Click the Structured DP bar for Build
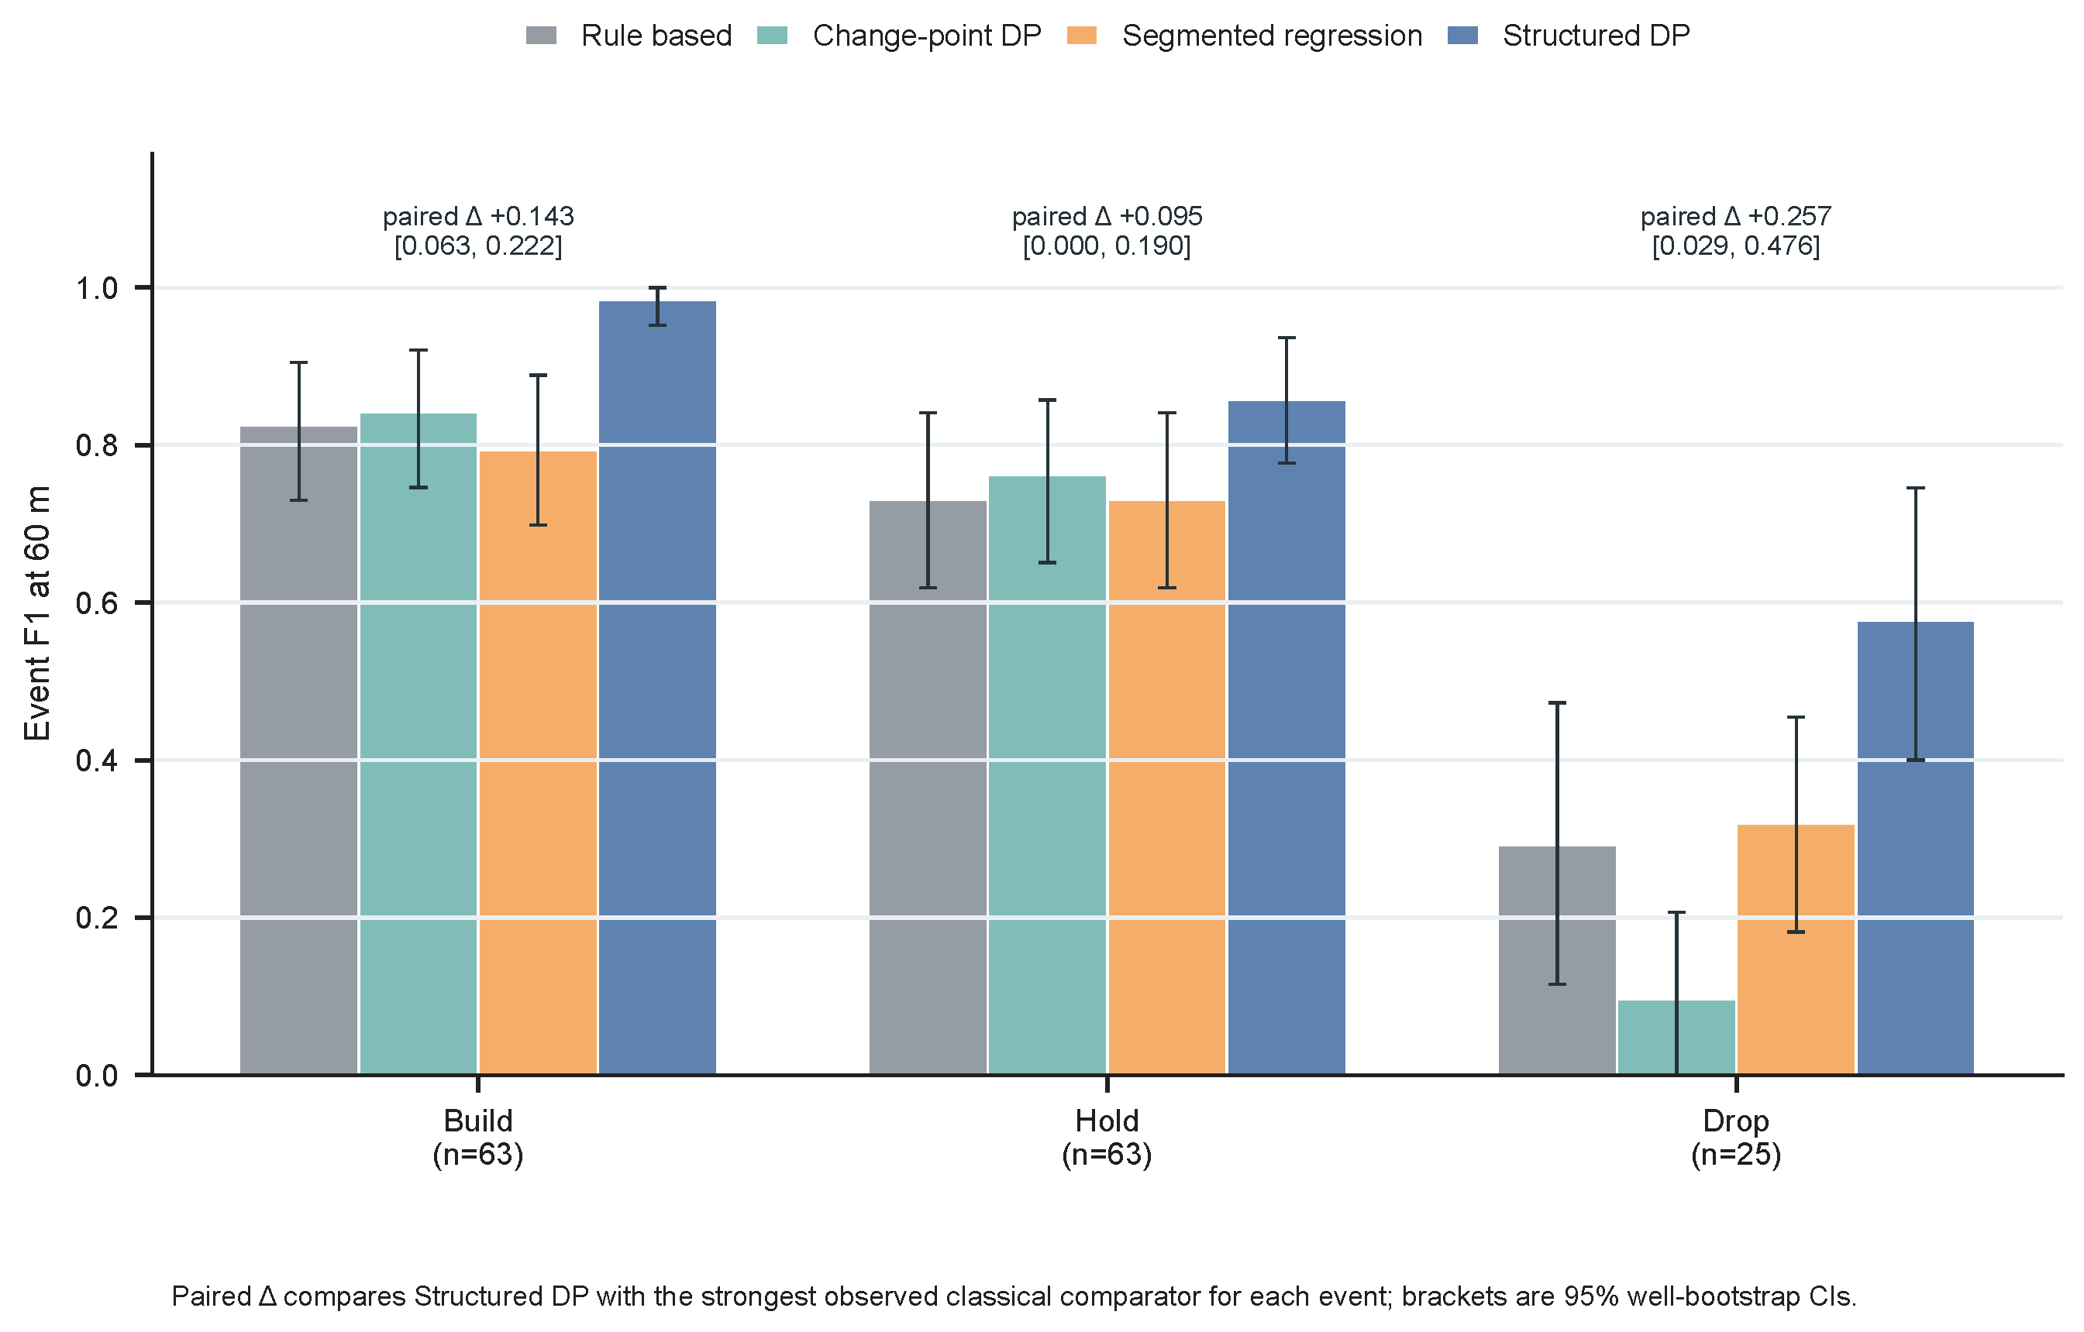(658, 688)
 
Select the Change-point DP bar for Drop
(1676, 1038)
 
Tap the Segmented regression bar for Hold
(1166, 788)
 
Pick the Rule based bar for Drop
(1557, 960)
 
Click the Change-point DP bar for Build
(418, 744)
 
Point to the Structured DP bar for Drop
(1915, 849)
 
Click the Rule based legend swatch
(542, 36)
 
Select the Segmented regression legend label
(1273, 36)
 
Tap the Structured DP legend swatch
(1462, 36)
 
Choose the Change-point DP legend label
(927, 36)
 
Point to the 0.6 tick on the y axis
(143, 602)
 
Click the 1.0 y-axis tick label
(97, 288)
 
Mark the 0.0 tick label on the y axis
(97, 1075)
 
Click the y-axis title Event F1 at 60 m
(37, 613)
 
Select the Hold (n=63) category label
(1107, 1138)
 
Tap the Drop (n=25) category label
(1736, 1138)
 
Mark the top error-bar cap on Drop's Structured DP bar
(1915, 489)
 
